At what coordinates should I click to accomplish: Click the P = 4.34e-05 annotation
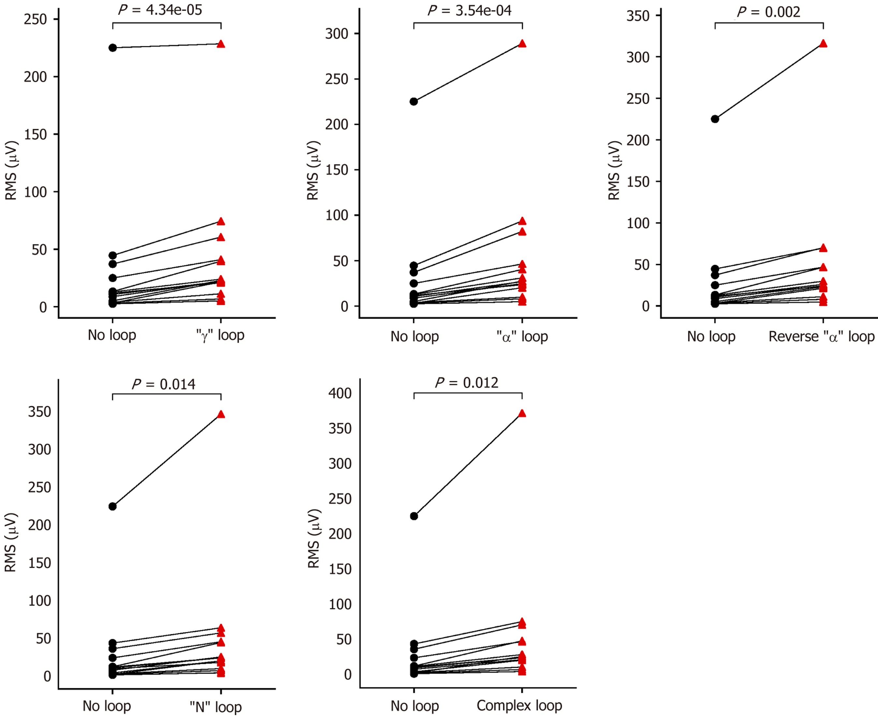160,10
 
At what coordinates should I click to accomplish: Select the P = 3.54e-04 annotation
469,11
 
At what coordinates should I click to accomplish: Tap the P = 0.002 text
769,12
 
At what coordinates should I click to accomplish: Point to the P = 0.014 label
164,384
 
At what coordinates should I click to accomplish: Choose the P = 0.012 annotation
467,383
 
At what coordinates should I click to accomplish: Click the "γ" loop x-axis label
220,335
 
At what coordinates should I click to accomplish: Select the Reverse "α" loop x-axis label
821,336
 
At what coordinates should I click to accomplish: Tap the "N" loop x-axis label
216,707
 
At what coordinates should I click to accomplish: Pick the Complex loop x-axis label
519,706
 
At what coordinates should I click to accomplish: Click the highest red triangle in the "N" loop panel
221,414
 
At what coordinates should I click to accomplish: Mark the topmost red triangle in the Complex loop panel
522,413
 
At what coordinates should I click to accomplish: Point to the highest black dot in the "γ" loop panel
112,48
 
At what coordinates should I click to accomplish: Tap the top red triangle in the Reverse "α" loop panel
823,44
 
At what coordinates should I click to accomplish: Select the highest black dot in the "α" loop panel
414,102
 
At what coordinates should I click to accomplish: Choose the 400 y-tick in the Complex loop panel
340,393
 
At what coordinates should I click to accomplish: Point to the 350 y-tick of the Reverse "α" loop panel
638,16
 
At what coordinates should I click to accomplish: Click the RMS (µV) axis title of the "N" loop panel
11,542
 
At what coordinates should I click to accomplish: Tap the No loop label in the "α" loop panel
415,336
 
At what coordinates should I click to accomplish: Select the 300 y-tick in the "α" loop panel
336,34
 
